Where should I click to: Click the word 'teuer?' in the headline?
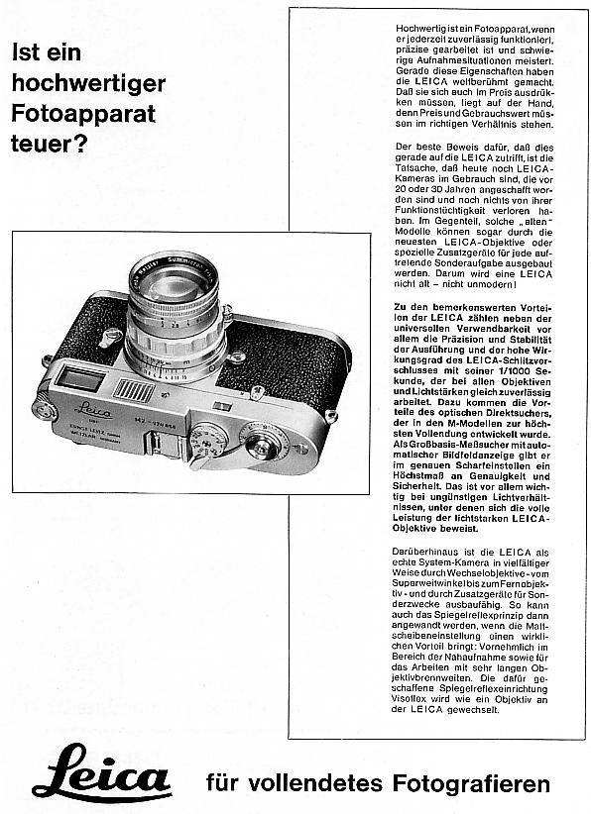coord(49,144)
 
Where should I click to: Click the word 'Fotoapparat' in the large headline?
coord(83,114)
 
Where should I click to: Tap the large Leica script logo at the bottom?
coord(101,772)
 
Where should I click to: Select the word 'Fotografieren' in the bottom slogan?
coord(471,783)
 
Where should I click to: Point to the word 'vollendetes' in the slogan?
coord(315,783)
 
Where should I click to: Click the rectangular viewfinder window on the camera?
coord(80,379)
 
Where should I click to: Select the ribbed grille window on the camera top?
coord(134,391)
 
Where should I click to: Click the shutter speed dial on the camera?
coord(208,435)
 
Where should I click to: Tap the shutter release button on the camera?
coord(264,443)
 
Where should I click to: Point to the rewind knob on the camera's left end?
coord(45,410)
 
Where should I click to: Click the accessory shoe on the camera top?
coord(167,445)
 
